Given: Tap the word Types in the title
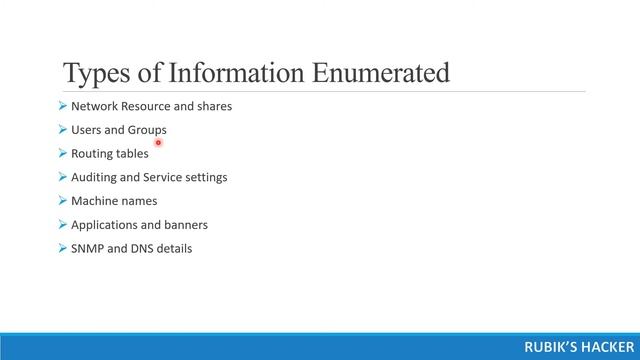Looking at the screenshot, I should (x=95, y=73).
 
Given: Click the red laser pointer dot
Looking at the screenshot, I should (x=159, y=143).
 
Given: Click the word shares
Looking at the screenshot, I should (x=214, y=106).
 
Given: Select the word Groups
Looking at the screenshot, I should (x=147, y=130).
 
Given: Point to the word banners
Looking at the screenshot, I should (x=184, y=225).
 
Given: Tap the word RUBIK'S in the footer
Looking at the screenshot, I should (x=549, y=346).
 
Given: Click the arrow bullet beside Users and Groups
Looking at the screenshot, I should (x=63, y=130).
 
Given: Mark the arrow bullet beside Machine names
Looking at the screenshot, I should (x=63, y=201).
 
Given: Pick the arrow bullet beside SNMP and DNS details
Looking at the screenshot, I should (x=63, y=248).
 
